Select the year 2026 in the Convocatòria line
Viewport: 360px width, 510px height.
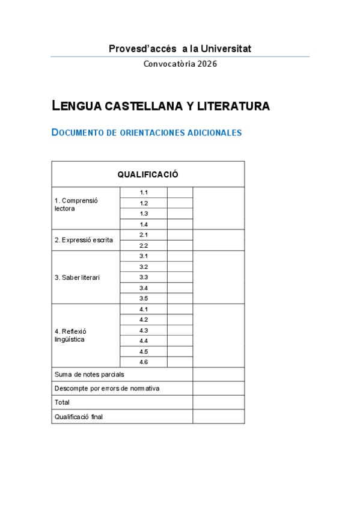206,64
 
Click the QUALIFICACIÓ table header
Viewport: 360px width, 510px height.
148,174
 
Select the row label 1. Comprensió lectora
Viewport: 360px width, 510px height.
76,204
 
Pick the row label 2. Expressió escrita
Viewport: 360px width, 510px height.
84,240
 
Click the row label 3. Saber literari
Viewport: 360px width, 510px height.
77,277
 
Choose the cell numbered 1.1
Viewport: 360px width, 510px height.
144,192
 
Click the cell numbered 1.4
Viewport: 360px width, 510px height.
144,224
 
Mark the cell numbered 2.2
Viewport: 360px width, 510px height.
144,245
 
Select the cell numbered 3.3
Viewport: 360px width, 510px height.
144,277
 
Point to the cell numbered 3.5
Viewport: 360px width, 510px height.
144,298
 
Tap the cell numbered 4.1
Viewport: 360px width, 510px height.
144,309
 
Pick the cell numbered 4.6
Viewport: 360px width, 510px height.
144,362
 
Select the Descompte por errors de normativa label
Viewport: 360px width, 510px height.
107,389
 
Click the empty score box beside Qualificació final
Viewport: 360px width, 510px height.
218,416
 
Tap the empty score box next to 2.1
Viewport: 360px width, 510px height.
180,235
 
